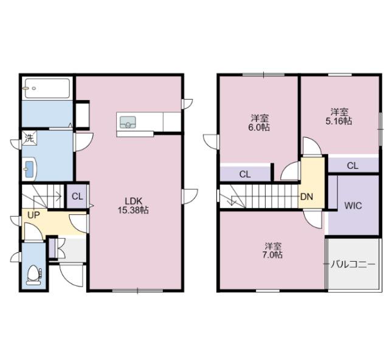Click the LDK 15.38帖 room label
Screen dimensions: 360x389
pyautogui.click(x=134, y=205)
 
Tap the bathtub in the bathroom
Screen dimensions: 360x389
pyautogui.click(x=47, y=88)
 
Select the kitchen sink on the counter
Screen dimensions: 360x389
pyautogui.click(x=128, y=121)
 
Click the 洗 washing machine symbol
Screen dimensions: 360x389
pyautogui.click(x=29, y=138)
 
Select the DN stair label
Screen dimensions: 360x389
pyautogui.click(x=308, y=196)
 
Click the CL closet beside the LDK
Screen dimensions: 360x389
pyautogui.click(x=77, y=196)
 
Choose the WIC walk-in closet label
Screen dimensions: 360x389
pyautogui.click(x=353, y=206)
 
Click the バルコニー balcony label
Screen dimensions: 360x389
pyautogui.click(x=353, y=265)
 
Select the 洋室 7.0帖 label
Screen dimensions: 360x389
pyautogui.click(x=273, y=250)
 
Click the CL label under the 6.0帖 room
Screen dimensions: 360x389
pyautogui.click(x=244, y=174)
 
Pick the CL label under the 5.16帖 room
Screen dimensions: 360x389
pyautogui.click(x=353, y=165)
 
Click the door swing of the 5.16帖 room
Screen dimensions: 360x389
pyautogui.click(x=311, y=147)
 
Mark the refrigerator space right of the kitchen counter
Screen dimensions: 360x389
pyautogui.click(x=173, y=121)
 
